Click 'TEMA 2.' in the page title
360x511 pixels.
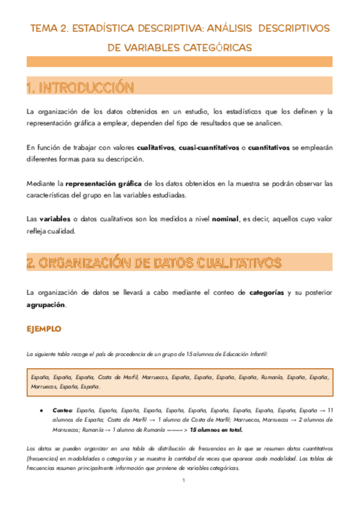(48, 28)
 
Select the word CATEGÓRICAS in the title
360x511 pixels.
(221, 47)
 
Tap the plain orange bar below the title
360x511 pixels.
(180, 61)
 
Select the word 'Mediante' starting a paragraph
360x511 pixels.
(43, 183)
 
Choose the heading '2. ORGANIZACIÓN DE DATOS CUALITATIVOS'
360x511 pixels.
(154, 263)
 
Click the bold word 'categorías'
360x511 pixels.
(266, 293)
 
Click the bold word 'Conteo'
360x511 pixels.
(63, 409)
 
